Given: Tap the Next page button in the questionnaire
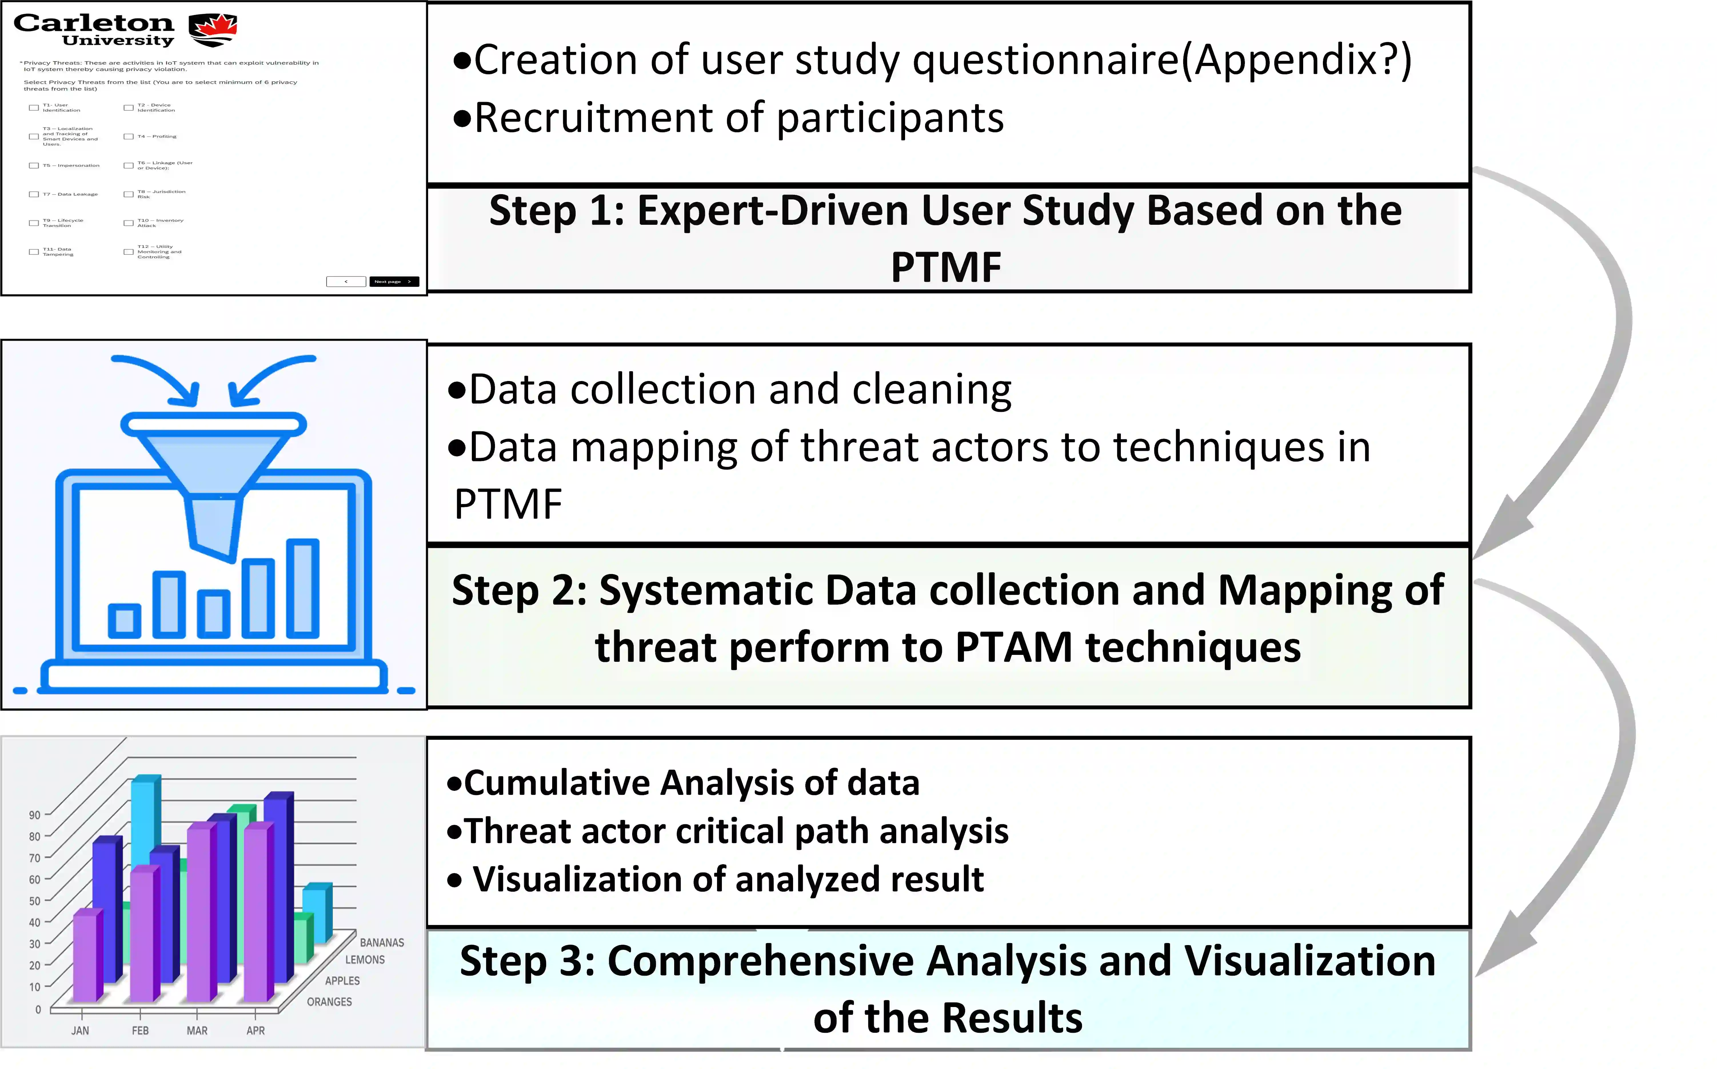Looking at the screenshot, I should [x=393, y=281].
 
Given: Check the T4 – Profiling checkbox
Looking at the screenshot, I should [x=129, y=137].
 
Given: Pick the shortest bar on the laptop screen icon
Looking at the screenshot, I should [x=125, y=621].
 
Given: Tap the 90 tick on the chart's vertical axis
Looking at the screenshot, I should [x=35, y=815].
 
